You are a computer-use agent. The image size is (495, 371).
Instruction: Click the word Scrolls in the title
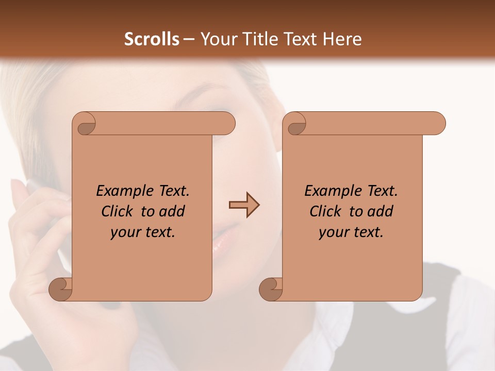tap(152, 39)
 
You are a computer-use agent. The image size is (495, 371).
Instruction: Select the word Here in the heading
tap(342, 39)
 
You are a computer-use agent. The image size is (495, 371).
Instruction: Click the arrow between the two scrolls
tap(244, 205)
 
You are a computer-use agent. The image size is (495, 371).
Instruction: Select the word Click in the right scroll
tap(325, 211)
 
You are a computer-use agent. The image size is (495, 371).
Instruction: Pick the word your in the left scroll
tap(124, 233)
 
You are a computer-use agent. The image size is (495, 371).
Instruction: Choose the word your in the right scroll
tap(333, 233)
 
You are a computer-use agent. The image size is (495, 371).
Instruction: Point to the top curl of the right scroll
tap(296, 125)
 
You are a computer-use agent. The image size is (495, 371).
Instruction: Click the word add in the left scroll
tap(173, 211)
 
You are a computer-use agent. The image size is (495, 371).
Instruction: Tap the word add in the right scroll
tap(381, 211)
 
